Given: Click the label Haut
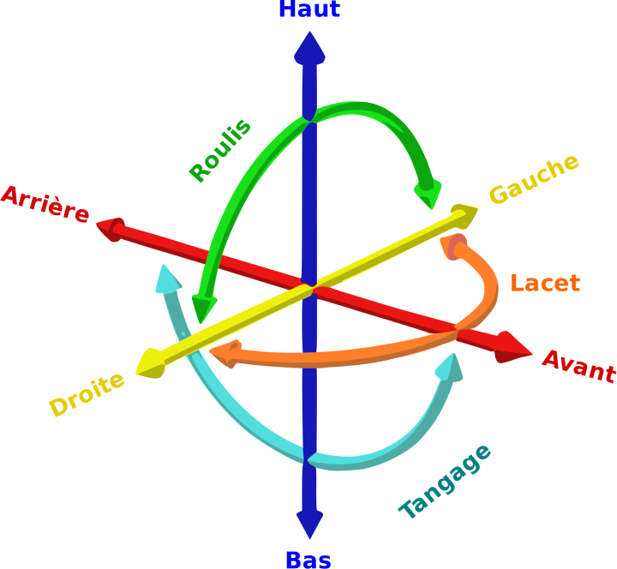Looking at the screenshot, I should (309, 9).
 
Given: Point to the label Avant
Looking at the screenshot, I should (579, 366).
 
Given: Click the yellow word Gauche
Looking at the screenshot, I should (534, 179).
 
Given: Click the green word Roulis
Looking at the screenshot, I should (220, 151).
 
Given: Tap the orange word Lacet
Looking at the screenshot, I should (545, 283).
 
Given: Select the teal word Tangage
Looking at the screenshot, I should (446, 482).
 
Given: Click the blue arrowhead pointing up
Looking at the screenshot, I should (309, 49).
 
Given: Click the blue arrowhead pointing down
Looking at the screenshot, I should (309, 522).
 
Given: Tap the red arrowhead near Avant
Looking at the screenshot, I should (516, 347).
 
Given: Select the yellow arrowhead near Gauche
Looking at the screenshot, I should (464, 213).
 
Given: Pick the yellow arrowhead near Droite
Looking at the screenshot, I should (150, 363).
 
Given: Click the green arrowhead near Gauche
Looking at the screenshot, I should (427, 195).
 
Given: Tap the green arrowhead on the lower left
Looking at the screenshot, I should (203, 308).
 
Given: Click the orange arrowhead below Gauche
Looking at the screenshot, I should (453, 246).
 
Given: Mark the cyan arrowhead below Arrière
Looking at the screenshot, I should (167, 279).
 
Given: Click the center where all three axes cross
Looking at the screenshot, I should (309, 282).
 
